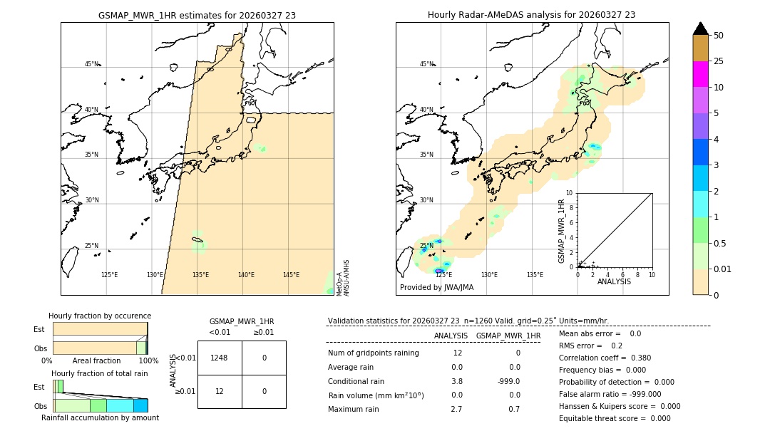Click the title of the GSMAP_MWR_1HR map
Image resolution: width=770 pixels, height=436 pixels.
[197, 15]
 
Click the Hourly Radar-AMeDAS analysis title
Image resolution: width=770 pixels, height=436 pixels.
[531, 15]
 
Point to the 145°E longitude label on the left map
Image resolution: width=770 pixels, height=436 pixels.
[291, 275]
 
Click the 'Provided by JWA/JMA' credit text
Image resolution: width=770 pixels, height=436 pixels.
[436, 288]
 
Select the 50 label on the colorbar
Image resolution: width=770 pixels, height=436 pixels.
[719, 36]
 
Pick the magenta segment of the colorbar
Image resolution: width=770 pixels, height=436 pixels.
[701, 74]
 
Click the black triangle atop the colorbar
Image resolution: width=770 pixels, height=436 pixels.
[701, 28]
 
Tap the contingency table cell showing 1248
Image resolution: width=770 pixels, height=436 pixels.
[220, 358]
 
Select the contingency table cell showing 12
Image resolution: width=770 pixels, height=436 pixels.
[220, 391]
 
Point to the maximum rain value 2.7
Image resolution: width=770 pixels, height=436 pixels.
[456, 409]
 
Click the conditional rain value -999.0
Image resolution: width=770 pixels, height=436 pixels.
[508, 381]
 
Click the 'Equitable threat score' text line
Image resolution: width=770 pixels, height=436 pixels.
[615, 418]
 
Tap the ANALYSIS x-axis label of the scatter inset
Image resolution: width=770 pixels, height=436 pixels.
[614, 281]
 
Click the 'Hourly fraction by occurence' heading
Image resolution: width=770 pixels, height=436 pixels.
[100, 316]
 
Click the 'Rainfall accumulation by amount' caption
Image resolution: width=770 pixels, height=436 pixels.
[100, 418]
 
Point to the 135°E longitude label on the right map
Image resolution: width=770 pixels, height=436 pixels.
[535, 275]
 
